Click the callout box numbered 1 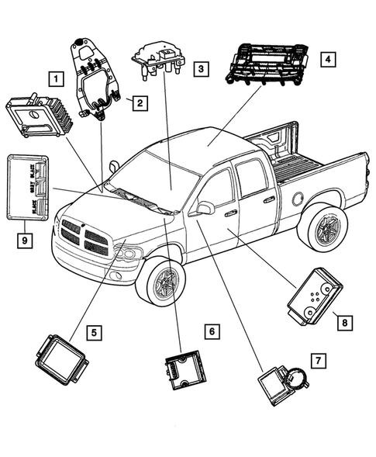(54, 78)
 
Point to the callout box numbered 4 (328, 59)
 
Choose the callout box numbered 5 (92, 334)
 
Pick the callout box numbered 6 (210, 331)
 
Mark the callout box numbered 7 (317, 361)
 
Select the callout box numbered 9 (26, 241)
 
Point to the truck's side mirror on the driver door (205, 208)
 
